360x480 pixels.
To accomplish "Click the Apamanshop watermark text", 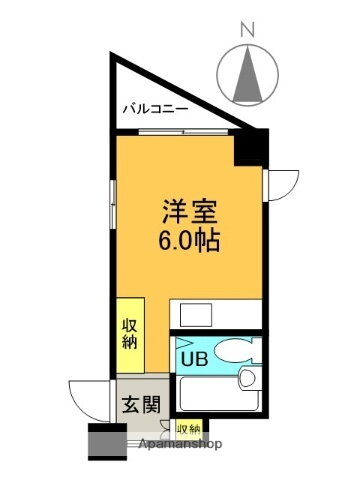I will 180,443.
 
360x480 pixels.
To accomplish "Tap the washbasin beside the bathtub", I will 247,379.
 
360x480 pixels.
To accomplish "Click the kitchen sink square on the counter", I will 195,314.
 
